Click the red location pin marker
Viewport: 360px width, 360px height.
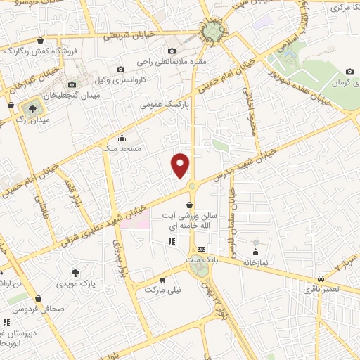181,165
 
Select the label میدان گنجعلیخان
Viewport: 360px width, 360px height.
69,94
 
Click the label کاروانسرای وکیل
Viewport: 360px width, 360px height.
120,80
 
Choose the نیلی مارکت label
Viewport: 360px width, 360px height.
162,289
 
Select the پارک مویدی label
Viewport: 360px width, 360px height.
76,283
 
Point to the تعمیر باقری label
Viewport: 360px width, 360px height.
321,289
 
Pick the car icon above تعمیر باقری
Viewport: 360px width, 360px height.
321,278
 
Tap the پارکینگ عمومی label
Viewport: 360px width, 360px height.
160,104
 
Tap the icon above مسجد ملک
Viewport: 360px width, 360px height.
122,138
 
